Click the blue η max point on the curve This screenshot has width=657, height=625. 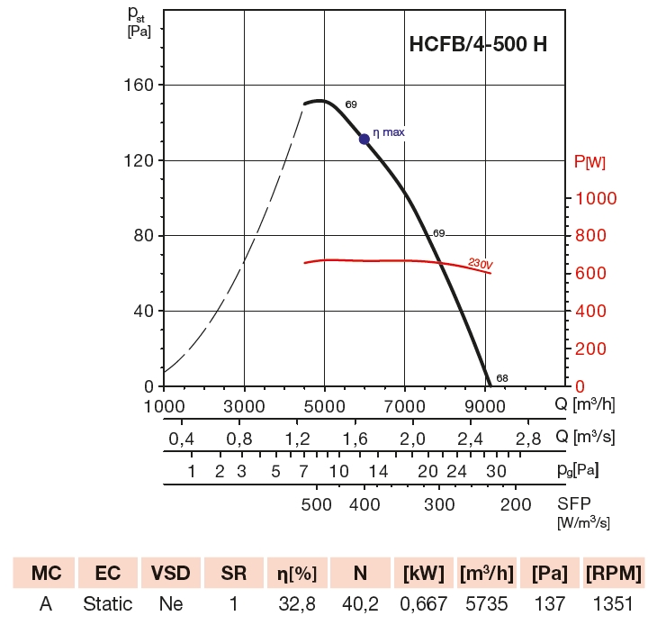tap(364, 139)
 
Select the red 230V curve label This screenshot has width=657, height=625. tap(480, 264)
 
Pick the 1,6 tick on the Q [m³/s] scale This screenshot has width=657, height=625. tap(355, 439)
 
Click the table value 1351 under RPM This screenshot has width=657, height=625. tap(612, 603)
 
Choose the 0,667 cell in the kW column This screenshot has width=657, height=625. tap(422, 603)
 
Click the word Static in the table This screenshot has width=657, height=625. tap(107, 603)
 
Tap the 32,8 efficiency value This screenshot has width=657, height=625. tap(295, 603)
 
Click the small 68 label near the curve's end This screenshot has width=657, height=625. tap(502, 378)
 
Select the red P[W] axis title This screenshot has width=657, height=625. tap(589, 162)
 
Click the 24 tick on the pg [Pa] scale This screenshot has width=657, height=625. tap(457, 471)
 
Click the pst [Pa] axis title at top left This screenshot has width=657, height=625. tap(138, 21)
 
